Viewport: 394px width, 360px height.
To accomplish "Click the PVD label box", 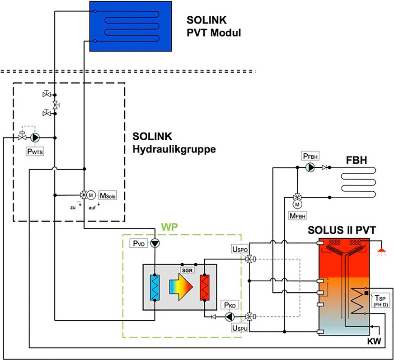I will click(139, 243).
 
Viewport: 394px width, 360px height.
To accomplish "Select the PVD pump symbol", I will click(155, 243).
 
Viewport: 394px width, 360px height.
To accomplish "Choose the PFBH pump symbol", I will click(310, 167).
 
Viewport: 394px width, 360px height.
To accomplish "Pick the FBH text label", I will click(356, 161).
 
